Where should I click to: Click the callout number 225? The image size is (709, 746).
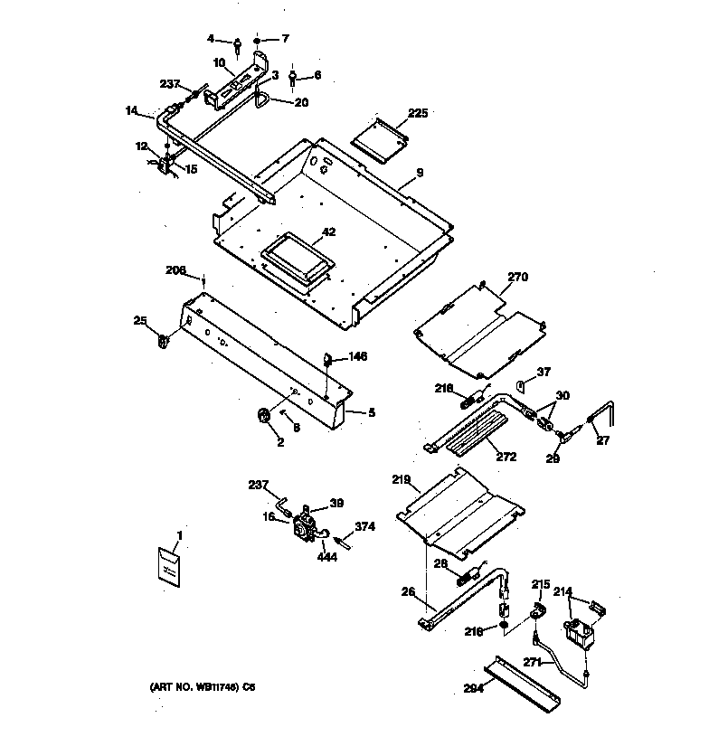[x=418, y=114]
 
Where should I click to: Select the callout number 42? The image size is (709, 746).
[x=328, y=232]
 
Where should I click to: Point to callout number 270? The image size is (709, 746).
[x=517, y=277]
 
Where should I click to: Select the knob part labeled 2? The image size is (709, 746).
[x=264, y=416]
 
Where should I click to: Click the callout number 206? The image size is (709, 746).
[x=176, y=269]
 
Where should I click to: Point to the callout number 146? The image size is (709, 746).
[x=358, y=357]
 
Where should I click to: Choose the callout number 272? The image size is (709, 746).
[x=506, y=457]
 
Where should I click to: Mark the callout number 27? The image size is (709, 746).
[x=604, y=442]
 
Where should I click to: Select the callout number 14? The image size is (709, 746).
[x=132, y=111]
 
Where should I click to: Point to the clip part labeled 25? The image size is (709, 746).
[x=165, y=340]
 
